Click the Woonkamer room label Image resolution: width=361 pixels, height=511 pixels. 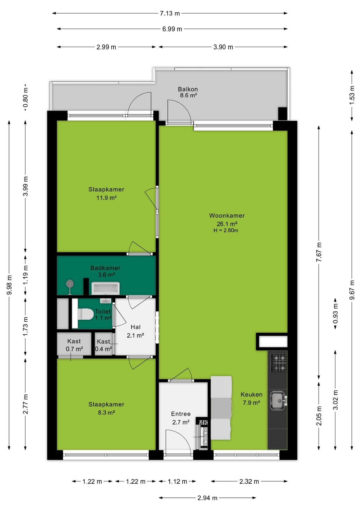point(227,216)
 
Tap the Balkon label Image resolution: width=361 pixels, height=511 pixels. point(188,89)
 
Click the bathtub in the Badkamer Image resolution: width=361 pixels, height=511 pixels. point(106,289)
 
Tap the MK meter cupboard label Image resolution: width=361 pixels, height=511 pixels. point(203,423)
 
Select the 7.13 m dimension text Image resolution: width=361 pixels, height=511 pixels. point(170,13)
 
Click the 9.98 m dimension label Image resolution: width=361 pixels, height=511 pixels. point(9,285)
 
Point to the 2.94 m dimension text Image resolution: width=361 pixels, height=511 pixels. point(207,498)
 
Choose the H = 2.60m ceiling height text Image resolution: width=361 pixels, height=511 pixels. point(226,230)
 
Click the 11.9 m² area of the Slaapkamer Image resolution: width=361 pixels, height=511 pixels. point(106,198)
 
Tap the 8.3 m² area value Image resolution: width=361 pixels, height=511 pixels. point(106,413)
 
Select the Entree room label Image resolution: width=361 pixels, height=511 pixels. point(181,414)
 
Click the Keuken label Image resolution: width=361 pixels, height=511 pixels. point(251,394)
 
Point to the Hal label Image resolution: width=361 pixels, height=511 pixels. point(136,327)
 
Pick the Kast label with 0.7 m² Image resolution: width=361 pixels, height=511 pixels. point(74,341)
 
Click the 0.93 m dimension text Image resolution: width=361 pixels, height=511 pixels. point(335,314)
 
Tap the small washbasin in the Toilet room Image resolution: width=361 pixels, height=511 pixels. point(105,301)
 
